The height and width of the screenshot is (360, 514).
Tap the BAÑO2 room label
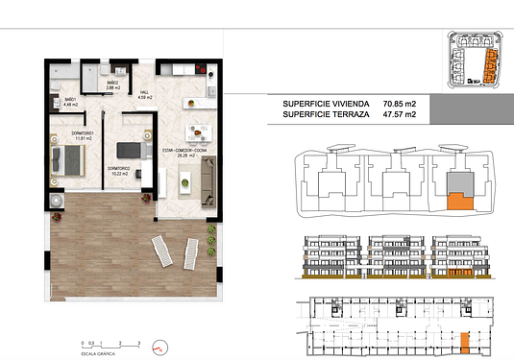tap(112, 84)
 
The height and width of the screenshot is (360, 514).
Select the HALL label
tap(146, 93)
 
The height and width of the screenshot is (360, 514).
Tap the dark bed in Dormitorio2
tap(130, 150)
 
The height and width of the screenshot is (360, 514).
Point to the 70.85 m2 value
tap(399, 104)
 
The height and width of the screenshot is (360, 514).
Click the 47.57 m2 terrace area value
tap(399, 114)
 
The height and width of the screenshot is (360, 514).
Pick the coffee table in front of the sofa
tap(188, 180)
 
